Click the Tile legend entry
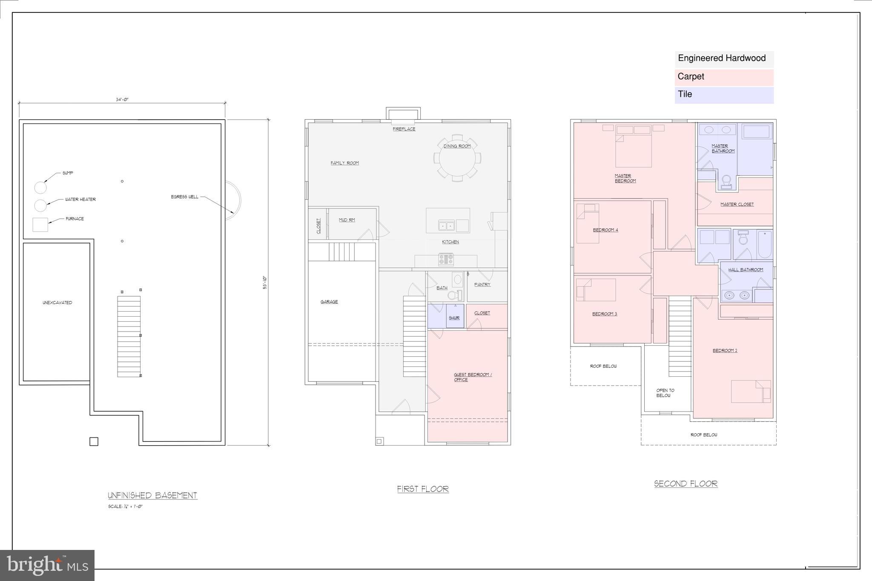coord(724,94)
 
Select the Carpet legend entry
coord(724,77)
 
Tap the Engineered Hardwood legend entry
coord(724,59)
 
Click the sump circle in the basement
coord(40,187)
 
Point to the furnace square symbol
coord(40,224)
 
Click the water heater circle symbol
coord(40,205)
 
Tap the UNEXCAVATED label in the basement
coord(57,303)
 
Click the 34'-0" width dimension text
coord(122,100)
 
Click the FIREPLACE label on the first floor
coord(404,129)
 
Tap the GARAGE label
coord(329,302)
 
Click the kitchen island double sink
coord(446,225)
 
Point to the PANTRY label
coord(482,284)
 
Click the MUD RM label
coord(347,220)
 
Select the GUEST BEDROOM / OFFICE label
coord(472,377)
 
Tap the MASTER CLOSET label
coord(737,204)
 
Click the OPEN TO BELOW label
coord(665,393)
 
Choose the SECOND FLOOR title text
coord(686,484)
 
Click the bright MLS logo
coord(47,565)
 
